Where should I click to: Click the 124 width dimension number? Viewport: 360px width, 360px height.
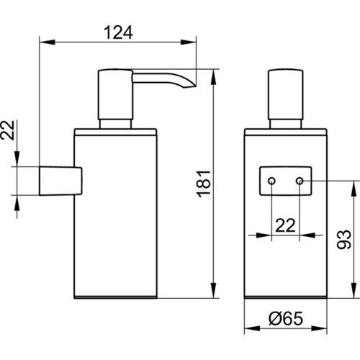[x=118, y=32]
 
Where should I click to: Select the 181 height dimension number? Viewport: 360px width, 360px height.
[x=204, y=184]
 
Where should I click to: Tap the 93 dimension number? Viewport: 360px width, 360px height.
[x=343, y=239]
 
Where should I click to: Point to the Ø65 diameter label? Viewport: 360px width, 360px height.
[x=286, y=318]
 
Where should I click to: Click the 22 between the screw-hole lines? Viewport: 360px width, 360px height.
[x=285, y=225]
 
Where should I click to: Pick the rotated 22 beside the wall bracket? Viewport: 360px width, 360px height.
[x=8, y=130]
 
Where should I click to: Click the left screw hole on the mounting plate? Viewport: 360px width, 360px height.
[x=271, y=181]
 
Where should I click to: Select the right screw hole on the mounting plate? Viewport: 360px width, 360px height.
[x=300, y=181]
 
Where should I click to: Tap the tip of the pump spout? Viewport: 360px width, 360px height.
[x=196, y=86]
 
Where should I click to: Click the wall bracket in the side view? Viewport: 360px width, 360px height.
[x=60, y=181]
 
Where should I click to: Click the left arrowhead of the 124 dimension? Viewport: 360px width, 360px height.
[x=47, y=42]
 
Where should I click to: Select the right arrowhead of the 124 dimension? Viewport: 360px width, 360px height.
[x=188, y=42]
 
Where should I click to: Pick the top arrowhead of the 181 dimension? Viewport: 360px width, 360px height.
[x=213, y=77]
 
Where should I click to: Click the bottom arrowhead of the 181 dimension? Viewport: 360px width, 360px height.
[x=213, y=290]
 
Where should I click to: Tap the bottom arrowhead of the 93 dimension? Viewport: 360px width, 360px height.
[x=354, y=290]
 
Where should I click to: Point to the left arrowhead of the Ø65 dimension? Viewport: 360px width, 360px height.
[x=252, y=328]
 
